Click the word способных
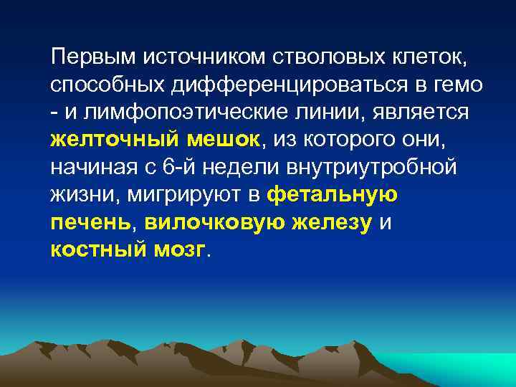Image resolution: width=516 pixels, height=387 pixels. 107,85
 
